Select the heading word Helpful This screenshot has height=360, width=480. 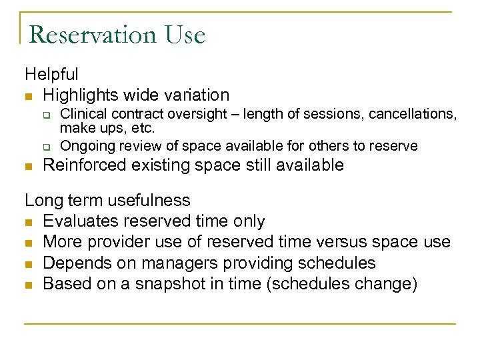[x=51, y=74]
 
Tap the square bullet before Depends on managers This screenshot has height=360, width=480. [x=29, y=264]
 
